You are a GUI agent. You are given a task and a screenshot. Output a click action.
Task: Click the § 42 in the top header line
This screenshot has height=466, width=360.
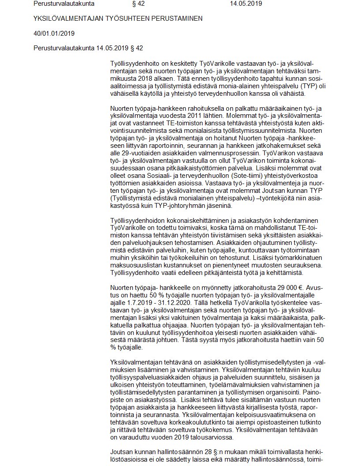pyautogui.click(x=138, y=4)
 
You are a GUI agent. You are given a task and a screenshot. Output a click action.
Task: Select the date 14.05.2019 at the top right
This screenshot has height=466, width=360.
pyautogui.click(x=246, y=4)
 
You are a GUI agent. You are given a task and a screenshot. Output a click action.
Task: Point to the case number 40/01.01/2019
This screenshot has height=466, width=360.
pyautogui.click(x=54, y=33)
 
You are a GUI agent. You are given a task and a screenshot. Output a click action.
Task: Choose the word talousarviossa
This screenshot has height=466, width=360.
pyautogui.click(x=205, y=437)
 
